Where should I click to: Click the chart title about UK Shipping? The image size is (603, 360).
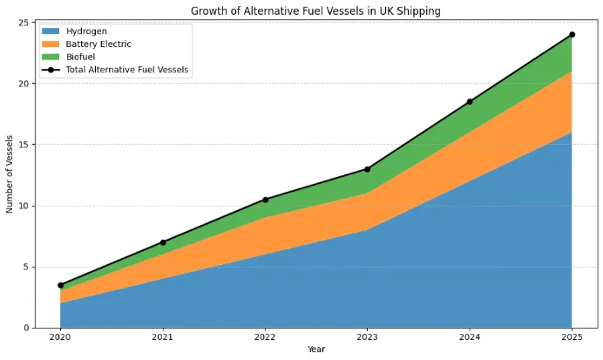point(316,10)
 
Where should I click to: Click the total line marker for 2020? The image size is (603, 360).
point(60,285)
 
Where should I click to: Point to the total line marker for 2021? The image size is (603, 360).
point(163,242)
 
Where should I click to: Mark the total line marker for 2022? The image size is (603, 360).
point(265,200)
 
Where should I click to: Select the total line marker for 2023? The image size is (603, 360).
point(368,169)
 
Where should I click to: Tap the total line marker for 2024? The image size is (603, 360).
point(470,102)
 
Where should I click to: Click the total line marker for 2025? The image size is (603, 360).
point(572,35)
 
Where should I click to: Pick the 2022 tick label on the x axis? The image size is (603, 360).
point(265,337)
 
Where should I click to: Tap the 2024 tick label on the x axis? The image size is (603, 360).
point(470,337)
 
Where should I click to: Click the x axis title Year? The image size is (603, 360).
point(316,350)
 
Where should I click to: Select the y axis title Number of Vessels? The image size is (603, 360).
point(10,174)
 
